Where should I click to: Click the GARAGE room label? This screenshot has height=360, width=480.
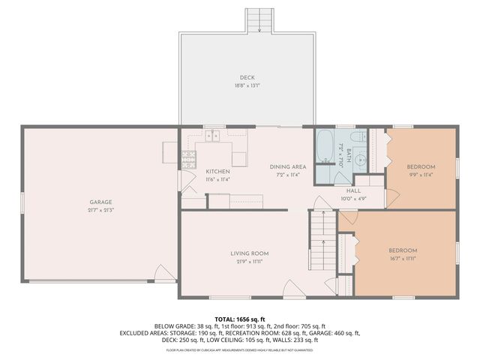coord(101,202)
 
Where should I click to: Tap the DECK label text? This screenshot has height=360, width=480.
coord(247,77)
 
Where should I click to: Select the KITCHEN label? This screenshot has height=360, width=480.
coord(217,171)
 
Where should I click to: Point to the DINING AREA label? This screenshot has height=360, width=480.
coord(288,166)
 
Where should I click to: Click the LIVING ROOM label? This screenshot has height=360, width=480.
coord(250,253)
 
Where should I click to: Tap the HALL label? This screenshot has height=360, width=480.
coord(354,190)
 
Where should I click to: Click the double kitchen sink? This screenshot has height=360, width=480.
coord(214,136)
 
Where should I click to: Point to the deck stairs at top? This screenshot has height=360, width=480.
coord(259,20)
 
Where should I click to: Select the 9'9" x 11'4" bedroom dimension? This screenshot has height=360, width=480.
coord(421,175)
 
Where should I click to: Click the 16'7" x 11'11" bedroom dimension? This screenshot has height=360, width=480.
coord(403,259)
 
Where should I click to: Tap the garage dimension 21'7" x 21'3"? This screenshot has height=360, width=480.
coord(101,210)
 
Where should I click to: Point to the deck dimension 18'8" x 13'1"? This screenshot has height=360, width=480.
coord(247,85)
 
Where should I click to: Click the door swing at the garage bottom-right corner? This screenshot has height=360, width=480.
coord(163,273)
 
